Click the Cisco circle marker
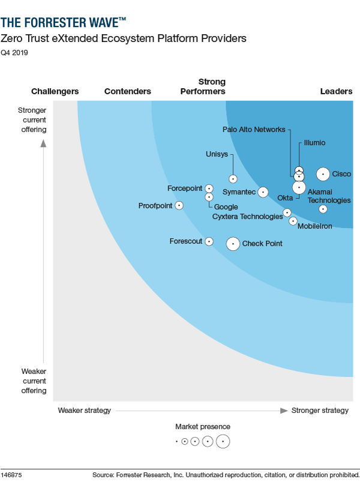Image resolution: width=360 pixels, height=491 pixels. (x=323, y=174)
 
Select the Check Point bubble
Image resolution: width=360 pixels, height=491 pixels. (x=233, y=244)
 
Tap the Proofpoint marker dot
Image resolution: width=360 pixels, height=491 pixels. (x=179, y=205)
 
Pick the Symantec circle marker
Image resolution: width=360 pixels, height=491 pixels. (x=263, y=192)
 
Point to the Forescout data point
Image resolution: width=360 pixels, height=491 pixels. (x=209, y=241)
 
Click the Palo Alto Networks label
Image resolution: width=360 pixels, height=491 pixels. (x=254, y=129)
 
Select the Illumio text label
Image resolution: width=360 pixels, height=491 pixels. (x=314, y=143)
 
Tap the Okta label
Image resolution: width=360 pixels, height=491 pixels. (x=285, y=198)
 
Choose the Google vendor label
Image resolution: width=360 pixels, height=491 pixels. (x=226, y=207)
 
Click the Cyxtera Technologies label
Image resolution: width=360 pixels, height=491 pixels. (x=247, y=217)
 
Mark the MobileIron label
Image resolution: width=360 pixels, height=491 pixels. (x=314, y=226)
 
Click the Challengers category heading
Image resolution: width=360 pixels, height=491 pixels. (x=55, y=91)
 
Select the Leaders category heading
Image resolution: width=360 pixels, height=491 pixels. (x=336, y=91)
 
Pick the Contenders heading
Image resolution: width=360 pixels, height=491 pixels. (x=127, y=91)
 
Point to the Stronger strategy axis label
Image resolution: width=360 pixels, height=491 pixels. (x=320, y=411)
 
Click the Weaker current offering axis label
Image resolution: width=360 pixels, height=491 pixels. (x=34, y=381)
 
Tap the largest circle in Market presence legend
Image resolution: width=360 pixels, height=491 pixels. (x=223, y=441)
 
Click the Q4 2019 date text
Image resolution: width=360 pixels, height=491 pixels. (x=14, y=52)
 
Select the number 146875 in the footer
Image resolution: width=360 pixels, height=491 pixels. (x=11, y=475)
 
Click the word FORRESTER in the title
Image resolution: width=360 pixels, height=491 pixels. (x=58, y=23)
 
